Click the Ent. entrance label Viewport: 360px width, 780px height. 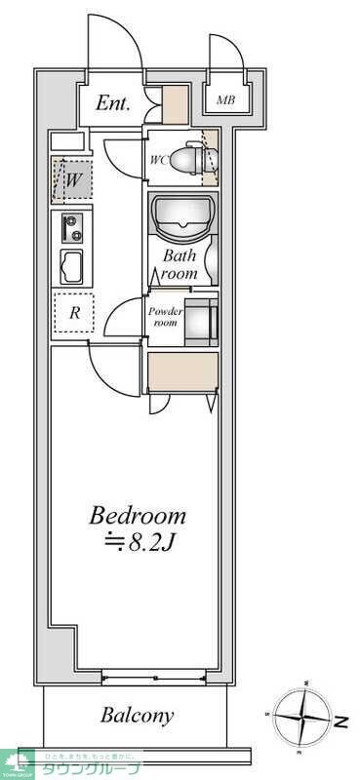pos(114,103)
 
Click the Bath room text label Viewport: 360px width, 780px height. pos(180,264)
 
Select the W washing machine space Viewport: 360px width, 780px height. pos(74,178)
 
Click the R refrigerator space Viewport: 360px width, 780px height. pos(73,314)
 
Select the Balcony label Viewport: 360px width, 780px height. pos(138,716)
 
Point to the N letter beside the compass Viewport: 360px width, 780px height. pos(343,722)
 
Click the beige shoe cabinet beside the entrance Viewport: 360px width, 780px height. pos(175,104)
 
